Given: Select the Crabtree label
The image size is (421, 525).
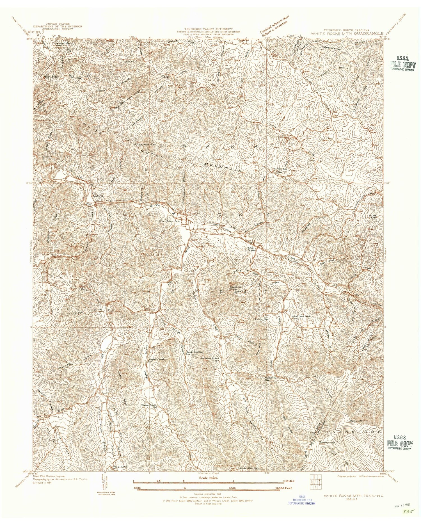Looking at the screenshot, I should click(x=97, y=196).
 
